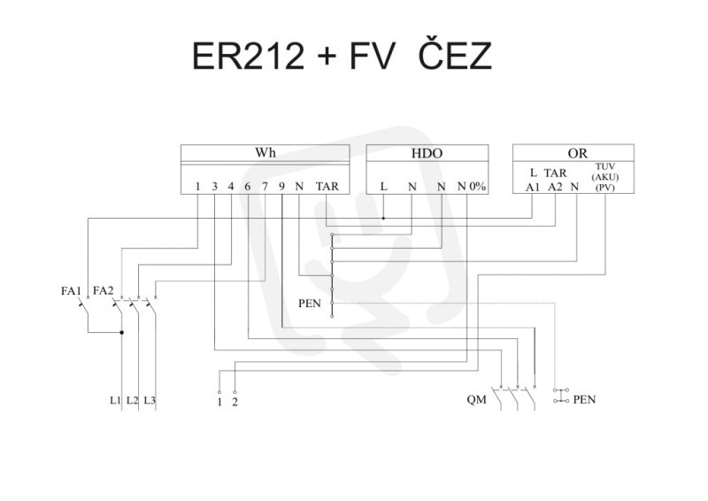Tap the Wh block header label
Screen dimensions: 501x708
pyautogui.click(x=265, y=153)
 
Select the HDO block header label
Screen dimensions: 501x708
pyautogui.click(x=426, y=153)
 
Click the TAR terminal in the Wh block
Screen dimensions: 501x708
pyautogui.click(x=327, y=187)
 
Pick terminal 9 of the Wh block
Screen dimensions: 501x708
pyautogui.click(x=281, y=187)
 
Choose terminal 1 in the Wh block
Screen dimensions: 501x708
pyautogui.click(x=197, y=187)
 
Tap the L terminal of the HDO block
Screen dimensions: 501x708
pyautogui.click(x=383, y=187)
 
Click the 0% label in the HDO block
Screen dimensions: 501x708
pyautogui.click(x=478, y=187)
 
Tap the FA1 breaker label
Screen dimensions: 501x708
pyautogui.click(x=71, y=289)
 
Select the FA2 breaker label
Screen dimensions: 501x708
pyautogui.click(x=104, y=289)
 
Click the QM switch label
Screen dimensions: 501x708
pyautogui.click(x=476, y=400)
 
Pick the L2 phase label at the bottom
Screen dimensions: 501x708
pyautogui.click(x=132, y=400)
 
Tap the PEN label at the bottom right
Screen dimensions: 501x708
pyautogui.click(x=584, y=400)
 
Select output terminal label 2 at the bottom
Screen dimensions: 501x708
pyautogui.click(x=235, y=404)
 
